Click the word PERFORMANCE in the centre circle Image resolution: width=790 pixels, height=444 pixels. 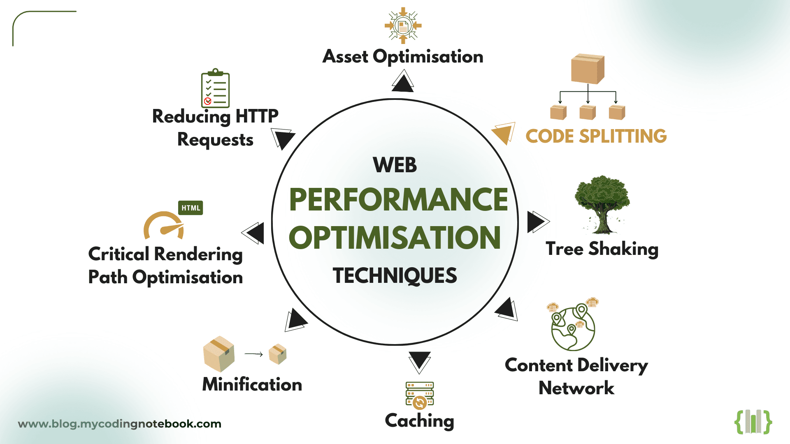398,200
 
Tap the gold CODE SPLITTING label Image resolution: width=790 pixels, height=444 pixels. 596,136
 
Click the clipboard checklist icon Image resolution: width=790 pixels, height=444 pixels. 215,88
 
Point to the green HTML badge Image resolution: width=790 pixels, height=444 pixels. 191,208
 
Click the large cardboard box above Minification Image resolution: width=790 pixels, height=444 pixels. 218,354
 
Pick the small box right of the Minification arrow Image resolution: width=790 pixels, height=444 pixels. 278,354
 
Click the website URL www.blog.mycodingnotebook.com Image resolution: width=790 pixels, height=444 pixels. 120,424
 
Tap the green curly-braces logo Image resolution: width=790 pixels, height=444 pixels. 753,422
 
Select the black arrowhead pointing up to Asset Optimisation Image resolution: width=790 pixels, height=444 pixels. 402,81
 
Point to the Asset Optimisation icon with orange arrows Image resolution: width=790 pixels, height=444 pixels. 403,26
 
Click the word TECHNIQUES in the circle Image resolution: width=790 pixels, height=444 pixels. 395,275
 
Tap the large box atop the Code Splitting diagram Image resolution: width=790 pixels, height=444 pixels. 588,69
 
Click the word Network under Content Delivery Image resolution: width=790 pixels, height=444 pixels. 576,388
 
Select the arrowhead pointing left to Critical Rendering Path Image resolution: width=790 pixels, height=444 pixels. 253,233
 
